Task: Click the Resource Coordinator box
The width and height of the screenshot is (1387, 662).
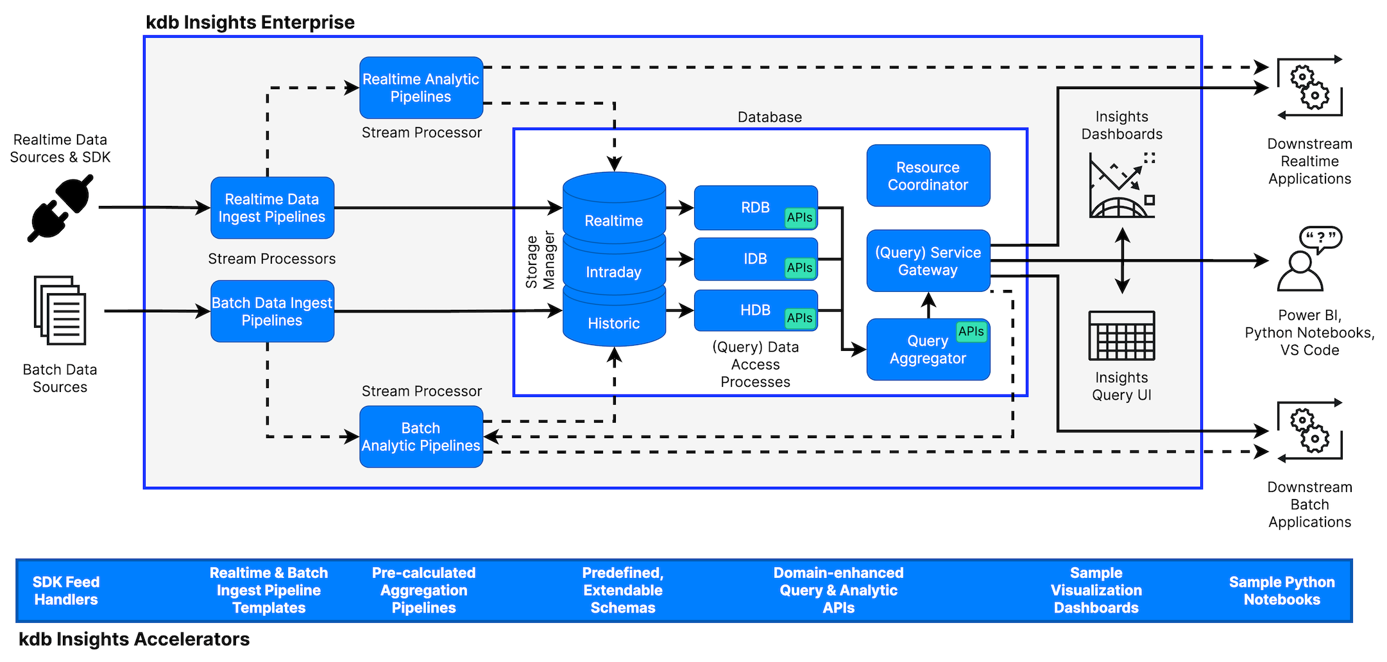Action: coord(928,176)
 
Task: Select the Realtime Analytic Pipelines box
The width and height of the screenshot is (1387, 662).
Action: coord(421,88)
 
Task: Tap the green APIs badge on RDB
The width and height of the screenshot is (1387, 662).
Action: coord(799,217)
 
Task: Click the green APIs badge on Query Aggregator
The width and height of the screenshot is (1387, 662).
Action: coord(971,332)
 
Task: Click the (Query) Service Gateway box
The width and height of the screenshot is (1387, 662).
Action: coord(928,261)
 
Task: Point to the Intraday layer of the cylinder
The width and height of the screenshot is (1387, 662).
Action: coord(613,272)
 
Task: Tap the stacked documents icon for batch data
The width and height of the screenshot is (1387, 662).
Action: coord(60,310)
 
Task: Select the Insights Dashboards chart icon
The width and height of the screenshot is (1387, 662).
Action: coord(1121,186)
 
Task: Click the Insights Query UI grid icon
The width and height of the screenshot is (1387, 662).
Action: coord(1121,335)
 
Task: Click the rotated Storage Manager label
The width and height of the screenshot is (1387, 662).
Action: coord(540,260)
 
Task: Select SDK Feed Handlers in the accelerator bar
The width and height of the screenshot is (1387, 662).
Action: coord(66,591)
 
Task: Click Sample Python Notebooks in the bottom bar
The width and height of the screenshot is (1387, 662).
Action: coord(1281,591)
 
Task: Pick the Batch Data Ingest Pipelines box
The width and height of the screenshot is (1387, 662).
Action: coord(272,312)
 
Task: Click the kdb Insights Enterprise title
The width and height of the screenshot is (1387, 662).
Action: coord(250,22)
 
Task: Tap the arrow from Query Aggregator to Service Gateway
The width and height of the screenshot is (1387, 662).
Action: coord(928,305)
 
